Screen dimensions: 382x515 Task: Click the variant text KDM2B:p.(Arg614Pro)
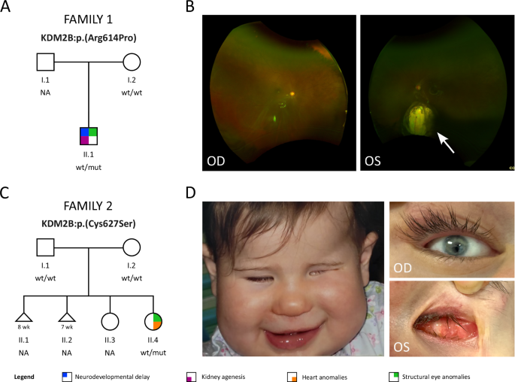(x=89, y=36)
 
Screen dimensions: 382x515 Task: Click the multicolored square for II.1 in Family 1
(x=89, y=136)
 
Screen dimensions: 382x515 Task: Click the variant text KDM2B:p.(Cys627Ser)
(x=89, y=223)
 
